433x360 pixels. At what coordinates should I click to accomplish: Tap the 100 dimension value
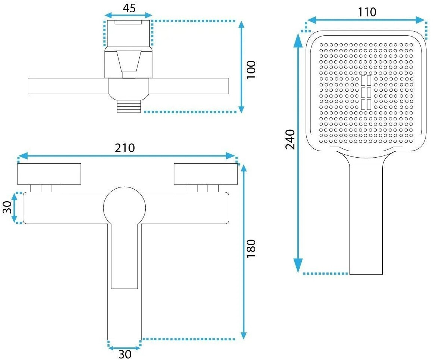251,70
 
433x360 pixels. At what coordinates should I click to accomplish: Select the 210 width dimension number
125,148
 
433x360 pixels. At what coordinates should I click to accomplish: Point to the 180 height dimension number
251,249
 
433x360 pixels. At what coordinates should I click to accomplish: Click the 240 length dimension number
290,139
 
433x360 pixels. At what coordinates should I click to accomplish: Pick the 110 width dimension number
367,12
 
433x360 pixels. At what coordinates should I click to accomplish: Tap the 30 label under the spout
125,354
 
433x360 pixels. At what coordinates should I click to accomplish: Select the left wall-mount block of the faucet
49,174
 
